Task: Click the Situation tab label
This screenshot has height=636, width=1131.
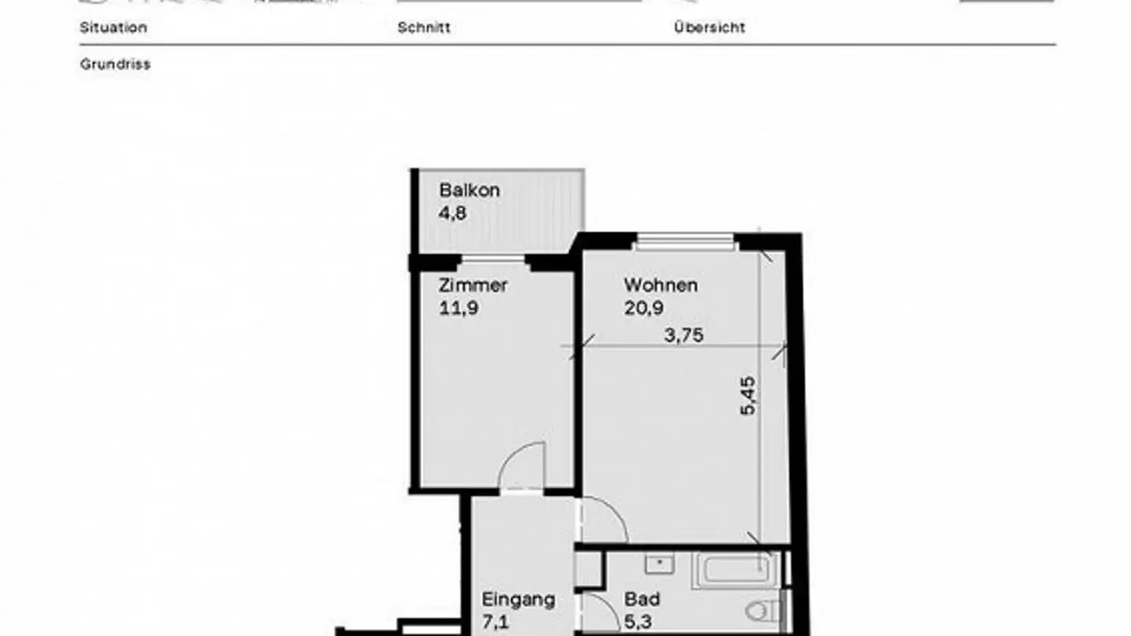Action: point(113,27)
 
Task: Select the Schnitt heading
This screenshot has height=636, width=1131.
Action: point(423,27)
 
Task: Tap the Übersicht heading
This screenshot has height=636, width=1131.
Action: point(709,27)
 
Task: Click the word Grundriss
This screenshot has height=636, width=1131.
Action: point(115,64)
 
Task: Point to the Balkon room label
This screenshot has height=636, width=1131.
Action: point(469,190)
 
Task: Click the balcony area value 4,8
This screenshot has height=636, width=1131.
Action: point(452,213)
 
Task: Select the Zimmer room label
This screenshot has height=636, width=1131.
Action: point(473,285)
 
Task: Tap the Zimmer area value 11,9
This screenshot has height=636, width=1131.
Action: point(459,308)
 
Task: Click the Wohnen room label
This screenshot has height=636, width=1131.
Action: point(661,285)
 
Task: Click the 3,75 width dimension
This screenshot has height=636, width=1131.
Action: point(683,335)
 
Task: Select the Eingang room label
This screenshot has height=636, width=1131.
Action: point(518,600)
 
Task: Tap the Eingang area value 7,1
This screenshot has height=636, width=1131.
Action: point(496,623)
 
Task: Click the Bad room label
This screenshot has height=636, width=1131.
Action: point(642,600)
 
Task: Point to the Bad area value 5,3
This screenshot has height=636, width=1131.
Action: point(639,623)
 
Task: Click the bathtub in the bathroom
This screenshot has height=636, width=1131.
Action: point(735,570)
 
